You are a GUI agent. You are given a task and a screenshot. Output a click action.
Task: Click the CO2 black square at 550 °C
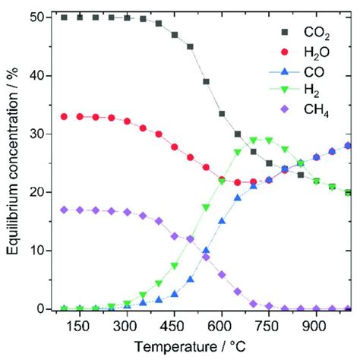click(206, 81)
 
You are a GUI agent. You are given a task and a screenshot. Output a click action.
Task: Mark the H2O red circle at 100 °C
click(65, 116)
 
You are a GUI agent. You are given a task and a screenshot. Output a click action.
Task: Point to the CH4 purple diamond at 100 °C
click(65, 210)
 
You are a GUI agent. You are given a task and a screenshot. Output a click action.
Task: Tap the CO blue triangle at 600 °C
click(222, 221)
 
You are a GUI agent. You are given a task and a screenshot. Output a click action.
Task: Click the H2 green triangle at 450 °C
click(175, 266)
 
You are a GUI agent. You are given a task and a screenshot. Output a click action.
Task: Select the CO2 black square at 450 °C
click(175, 35)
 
